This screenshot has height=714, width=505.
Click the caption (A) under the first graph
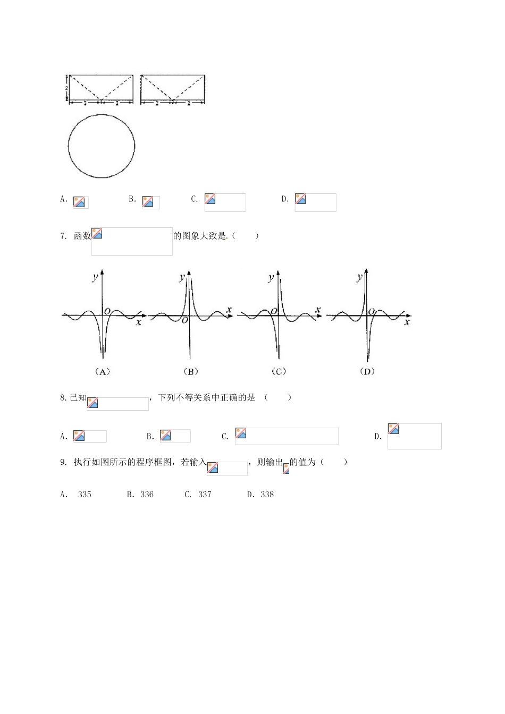(x=103, y=371)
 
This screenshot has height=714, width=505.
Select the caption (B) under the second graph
(x=191, y=371)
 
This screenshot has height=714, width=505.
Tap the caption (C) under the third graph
(x=279, y=371)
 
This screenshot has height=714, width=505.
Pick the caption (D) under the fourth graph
(x=367, y=371)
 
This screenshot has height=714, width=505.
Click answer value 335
(x=85, y=495)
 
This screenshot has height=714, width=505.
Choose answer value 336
(x=147, y=495)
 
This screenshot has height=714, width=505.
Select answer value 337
(x=205, y=495)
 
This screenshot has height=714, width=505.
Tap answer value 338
(x=267, y=495)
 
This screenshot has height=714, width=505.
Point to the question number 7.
(x=63, y=236)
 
